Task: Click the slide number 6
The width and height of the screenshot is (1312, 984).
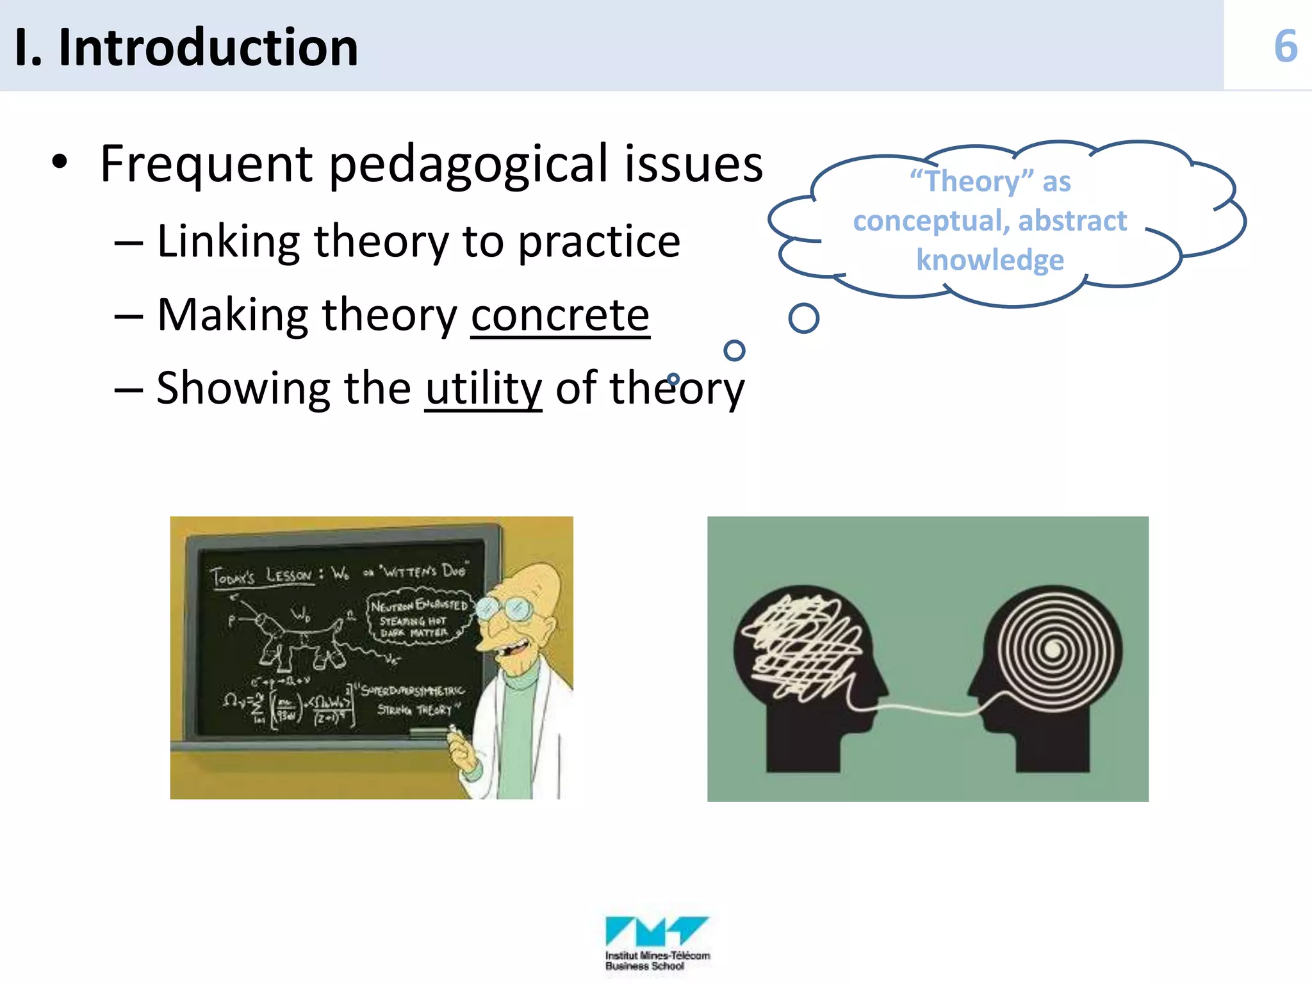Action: (x=1285, y=47)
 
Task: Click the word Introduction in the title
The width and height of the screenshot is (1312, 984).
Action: (x=208, y=48)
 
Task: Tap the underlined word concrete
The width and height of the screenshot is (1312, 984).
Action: (x=560, y=315)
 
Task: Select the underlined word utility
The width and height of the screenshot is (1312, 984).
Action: (x=484, y=388)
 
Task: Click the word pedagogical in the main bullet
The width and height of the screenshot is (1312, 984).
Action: (x=468, y=165)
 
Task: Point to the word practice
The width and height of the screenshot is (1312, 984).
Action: (x=599, y=242)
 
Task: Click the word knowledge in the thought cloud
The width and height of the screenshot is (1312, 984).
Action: (x=990, y=260)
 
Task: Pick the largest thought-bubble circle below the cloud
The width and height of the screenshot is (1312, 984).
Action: (x=803, y=318)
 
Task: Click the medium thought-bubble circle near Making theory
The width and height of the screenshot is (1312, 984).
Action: (x=734, y=350)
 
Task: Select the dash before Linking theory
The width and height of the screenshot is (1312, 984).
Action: (x=128, y=243)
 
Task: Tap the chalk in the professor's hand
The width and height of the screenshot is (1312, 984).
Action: (x=453, y=730)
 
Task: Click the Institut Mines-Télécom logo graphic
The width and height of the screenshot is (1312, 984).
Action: (x=657, y=931)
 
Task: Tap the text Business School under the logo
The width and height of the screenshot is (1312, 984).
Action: (x=644, y=966)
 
